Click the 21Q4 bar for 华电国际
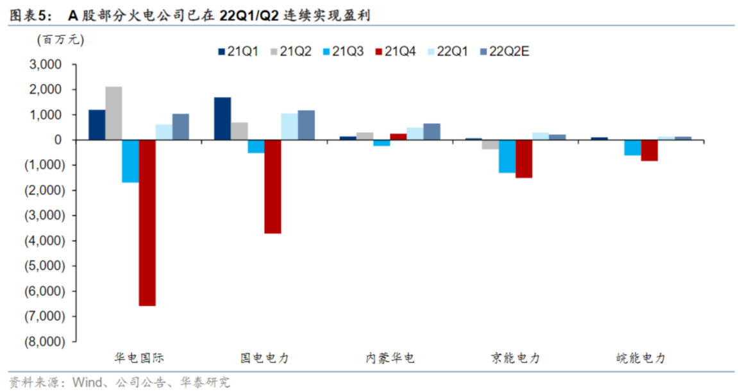point(147,223)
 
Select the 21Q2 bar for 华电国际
point(114,113)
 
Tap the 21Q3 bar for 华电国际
point(131,161)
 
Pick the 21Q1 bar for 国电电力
point(222,118)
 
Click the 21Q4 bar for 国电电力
point(273,186)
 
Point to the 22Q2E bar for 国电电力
point(306,125)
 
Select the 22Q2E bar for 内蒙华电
point(432,132)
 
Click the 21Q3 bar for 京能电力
point(507,156)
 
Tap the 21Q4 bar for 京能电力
point(524,158)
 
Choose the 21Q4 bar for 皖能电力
point(650,150)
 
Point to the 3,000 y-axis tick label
point(45,65)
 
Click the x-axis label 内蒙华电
point(390,358)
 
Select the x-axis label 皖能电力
point(641,358)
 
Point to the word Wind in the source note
point(89,383)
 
